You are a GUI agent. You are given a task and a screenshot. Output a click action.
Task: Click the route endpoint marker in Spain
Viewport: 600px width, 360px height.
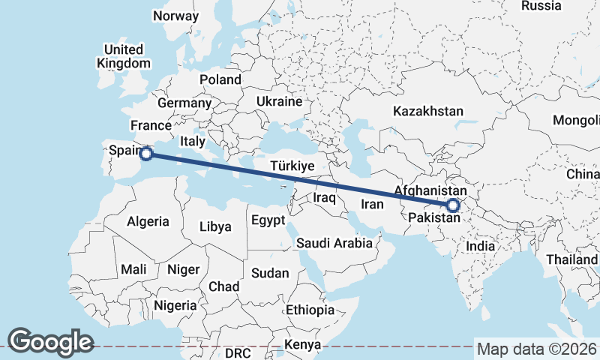point(147,154)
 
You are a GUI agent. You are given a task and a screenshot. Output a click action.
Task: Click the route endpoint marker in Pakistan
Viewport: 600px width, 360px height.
point(452,205)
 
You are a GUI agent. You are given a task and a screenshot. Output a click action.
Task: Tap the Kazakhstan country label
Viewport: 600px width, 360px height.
point(428,111)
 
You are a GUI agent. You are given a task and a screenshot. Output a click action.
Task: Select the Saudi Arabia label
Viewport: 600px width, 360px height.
point(334,243)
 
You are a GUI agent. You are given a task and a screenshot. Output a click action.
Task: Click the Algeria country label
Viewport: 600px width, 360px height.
point(148,221)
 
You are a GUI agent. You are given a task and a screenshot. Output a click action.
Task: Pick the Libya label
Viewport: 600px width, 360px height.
point(216,226)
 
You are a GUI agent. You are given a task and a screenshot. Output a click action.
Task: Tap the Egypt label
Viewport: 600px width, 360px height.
point(268,220)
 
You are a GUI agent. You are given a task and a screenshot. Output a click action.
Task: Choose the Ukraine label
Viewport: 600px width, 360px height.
point(278,101)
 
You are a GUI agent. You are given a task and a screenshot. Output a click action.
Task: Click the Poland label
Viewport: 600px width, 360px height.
point(220,79)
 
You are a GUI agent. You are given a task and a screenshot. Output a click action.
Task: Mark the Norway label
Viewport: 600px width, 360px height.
point(175,16)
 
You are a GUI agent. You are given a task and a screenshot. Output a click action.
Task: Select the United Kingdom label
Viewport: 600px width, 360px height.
point(124,57)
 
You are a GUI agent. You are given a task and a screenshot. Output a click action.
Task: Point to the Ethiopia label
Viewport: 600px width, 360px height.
point(310,310)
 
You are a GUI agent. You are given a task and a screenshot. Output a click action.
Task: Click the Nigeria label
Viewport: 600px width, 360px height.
point(175,305)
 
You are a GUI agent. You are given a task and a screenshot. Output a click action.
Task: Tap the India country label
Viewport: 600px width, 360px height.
point(480,246)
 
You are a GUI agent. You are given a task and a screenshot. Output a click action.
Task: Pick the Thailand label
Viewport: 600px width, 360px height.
point(571,259)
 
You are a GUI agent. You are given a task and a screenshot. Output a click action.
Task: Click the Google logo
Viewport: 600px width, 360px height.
point(50,341)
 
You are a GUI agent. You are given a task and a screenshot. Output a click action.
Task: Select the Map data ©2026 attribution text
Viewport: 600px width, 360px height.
point(537,349)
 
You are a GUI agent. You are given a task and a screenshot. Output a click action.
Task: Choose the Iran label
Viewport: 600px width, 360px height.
point(373,204)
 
